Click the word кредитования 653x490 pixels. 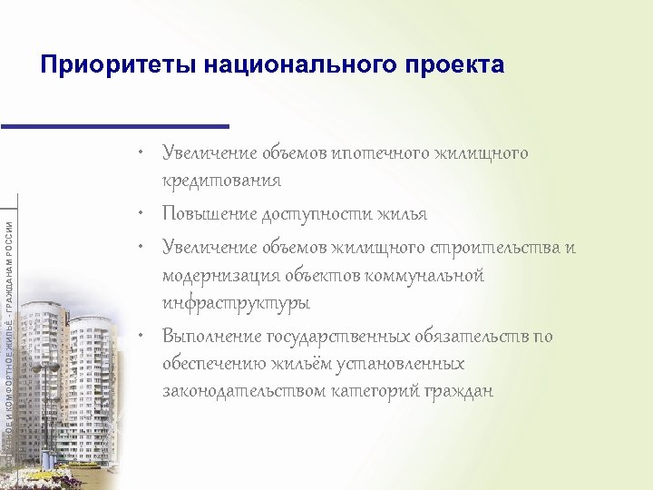(221, 181)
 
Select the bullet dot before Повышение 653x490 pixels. (143, 215)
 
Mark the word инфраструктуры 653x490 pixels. (236, 302)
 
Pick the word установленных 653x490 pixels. (402, 364)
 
